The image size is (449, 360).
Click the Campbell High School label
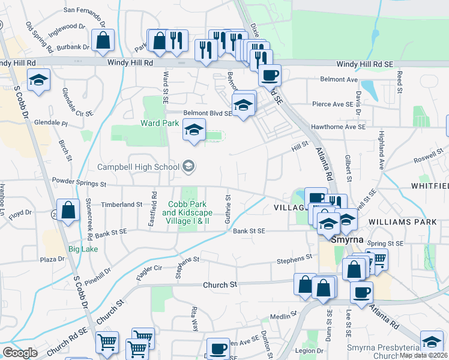coord(138,167)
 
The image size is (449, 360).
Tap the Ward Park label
coord(160,123)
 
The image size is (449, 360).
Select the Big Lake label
coord(83,248)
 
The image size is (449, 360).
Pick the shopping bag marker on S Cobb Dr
coord(68,211)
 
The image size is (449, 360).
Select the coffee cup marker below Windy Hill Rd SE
coord(270,76)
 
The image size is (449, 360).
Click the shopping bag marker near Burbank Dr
coord(103,40)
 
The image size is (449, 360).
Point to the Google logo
coord(19,353)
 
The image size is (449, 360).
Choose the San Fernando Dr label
coord(84,10)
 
